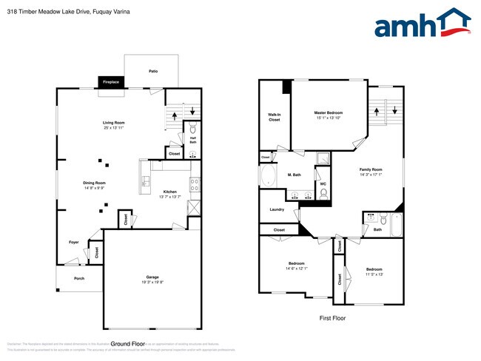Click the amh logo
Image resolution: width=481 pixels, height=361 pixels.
[x=422, y=24]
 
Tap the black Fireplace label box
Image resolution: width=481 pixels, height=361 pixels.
[x=111, y=82]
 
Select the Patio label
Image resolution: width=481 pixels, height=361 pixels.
[x=153, y=71]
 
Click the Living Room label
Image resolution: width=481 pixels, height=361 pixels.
[x=113, y=123]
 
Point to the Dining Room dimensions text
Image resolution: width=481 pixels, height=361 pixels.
[x=94, y=188]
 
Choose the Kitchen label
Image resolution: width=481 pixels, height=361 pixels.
[x=170, y=192]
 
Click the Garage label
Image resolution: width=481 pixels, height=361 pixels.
[x=152, y=277]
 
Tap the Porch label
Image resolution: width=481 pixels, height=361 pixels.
[x=78, y=278]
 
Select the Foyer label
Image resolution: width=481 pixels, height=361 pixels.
[x=74, y=242]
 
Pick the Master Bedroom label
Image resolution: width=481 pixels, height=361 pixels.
[x=329, y=112]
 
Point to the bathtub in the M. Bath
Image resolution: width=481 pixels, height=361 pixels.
[x=268, y=178]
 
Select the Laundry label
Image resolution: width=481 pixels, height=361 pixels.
[x=277, y=209]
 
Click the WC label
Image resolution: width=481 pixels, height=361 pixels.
[x=323, y=182]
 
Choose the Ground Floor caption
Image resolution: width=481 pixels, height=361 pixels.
[x=127, y=344]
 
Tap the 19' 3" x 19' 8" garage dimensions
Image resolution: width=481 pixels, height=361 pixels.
[x=152, y=282]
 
